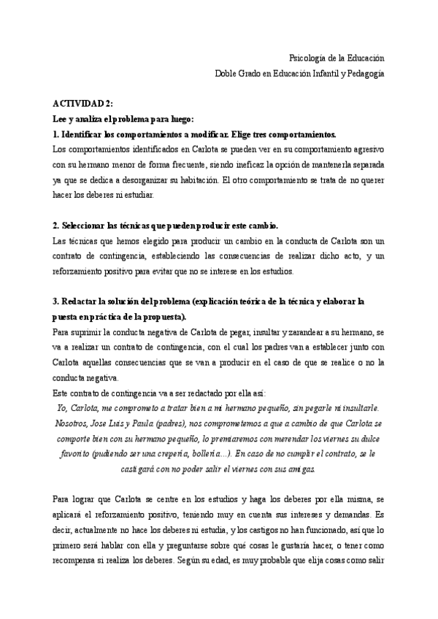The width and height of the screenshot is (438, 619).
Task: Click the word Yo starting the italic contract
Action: (x=61, y=409)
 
